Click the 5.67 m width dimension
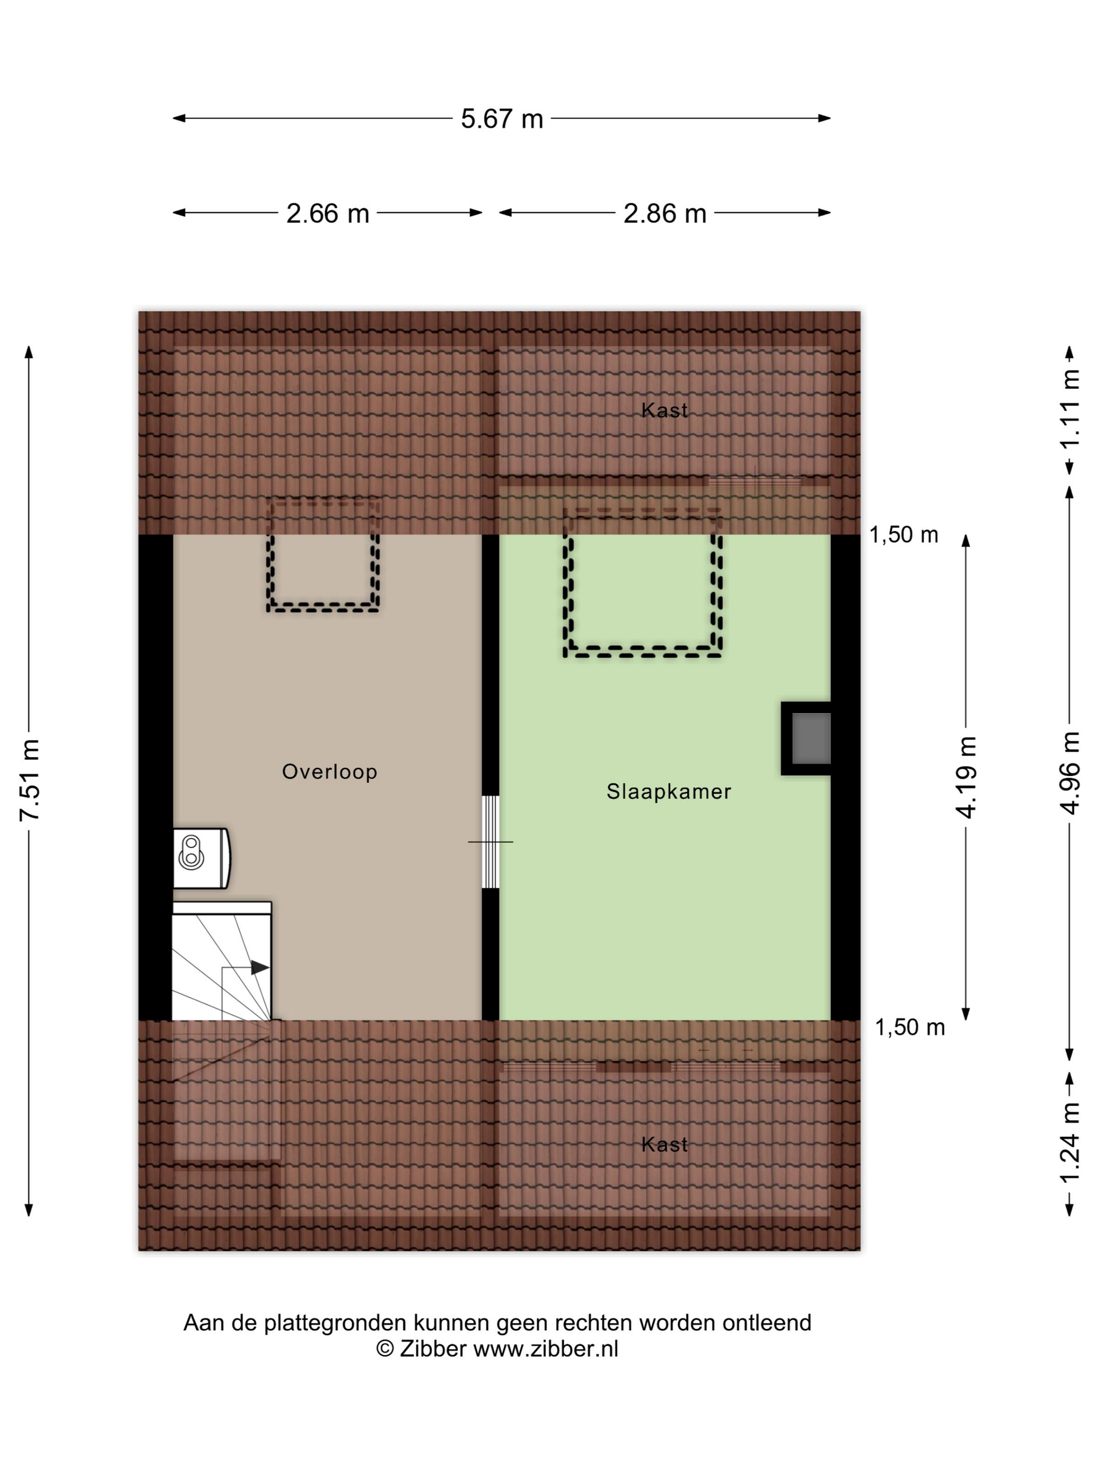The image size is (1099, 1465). pyautogui.click(x=501, y=119)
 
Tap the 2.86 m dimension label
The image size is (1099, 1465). pyautogui.click(x=665, y=213)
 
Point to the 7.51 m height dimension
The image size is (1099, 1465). pyautogui.click(x=30, y=780)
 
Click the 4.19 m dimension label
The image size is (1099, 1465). pyautogui.click(x=967, y=777)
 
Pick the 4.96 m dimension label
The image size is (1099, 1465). pyautogui.click(x=1070, y=773)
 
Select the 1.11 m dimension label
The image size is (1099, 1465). pyautogui.click(x=1070, y=409)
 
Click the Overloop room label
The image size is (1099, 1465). pyautogui.click(x=329, y=772)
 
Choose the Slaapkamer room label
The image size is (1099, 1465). pyautogui.click(x=668, y=792)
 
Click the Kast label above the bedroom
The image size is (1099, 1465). pyautogui.click(x=665, y=411)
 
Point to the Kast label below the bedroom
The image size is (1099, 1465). pyautogui.click(x=665, y=1144)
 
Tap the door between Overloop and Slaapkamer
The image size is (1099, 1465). pyautogui.click(x=490, y=842)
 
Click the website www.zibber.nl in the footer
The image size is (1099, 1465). pyautogui.click(x=545, y=1348)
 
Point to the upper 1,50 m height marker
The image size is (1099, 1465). pyautogui.click(x=904, y=535)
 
